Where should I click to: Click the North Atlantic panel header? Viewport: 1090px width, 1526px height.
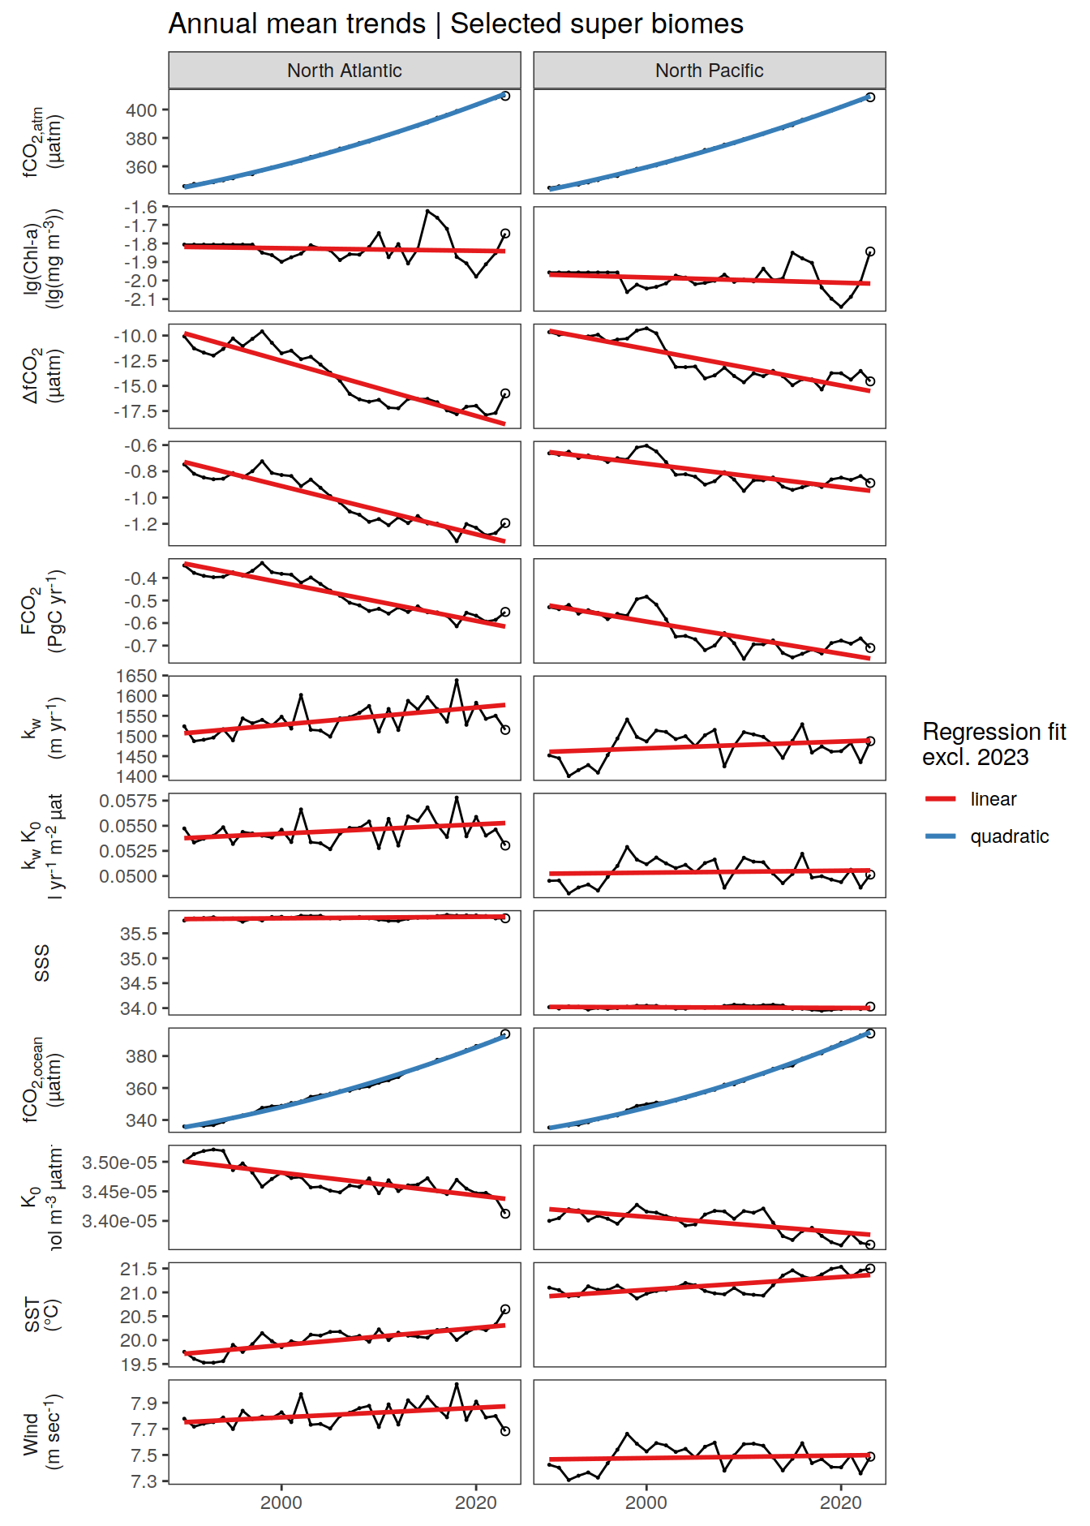point(344,71)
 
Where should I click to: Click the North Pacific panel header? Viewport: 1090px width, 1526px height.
point(709,71)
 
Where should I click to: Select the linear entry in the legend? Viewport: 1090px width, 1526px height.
point(993,799)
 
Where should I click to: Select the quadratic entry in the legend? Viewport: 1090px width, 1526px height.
point(1009,836)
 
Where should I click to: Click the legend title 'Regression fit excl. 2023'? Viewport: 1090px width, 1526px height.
point(993,744)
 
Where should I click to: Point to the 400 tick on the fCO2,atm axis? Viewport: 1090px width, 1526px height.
point(142,110)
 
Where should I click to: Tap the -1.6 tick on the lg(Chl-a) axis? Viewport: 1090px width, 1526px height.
point(140,208)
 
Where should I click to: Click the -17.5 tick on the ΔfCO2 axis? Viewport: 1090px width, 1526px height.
point(135,411)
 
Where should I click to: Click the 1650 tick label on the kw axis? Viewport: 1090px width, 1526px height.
point(137,676)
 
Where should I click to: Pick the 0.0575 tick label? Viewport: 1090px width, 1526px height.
point(128,801)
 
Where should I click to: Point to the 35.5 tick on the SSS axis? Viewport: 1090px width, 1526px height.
point(139,934)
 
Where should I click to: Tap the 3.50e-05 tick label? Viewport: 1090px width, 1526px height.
point(120,1163)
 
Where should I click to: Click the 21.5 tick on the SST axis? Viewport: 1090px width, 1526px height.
point(139,1269)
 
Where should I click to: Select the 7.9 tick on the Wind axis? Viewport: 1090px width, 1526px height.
point(144,1403)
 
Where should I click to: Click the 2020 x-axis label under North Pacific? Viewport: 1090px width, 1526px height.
point(841,1502)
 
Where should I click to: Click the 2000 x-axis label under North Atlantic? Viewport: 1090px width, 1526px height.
point(281,1502)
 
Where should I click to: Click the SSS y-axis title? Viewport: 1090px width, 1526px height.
point(42,963)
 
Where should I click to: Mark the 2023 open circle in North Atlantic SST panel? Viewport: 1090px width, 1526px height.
point(505,1309)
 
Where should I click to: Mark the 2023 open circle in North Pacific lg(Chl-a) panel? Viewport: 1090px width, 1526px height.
point(870,251)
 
